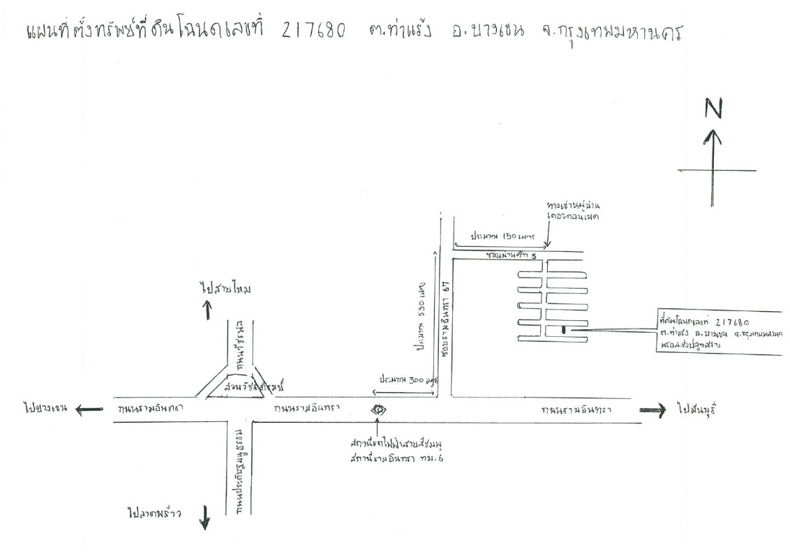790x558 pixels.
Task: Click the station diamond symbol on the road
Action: pos(378,409)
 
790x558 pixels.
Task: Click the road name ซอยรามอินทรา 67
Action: pos(445,310)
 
